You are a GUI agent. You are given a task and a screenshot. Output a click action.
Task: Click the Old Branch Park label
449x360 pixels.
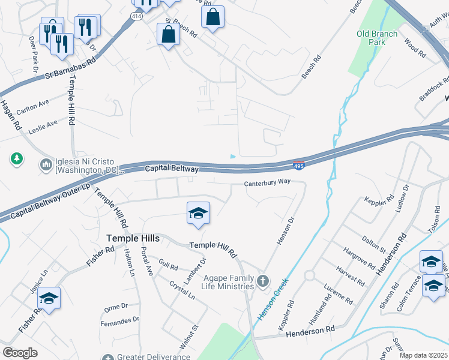tap(376, 38)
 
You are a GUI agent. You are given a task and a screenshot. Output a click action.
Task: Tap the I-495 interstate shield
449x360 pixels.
tap(299, 164)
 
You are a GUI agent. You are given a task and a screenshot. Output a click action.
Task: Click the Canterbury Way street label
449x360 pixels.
tap(267, 183)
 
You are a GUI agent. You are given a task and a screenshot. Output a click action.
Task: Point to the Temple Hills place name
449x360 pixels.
tap(133, 238)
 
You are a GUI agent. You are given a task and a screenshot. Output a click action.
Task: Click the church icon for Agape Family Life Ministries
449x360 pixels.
tap(262, 281)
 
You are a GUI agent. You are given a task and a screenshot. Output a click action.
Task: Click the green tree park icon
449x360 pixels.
tap(17, 159)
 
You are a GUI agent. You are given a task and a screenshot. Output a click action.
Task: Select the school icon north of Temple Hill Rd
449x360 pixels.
tap(198, 213)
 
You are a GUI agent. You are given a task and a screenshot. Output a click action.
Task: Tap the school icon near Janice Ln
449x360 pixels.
tap(50, 298)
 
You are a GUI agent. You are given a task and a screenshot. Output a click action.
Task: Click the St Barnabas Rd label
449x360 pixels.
tap(71, 68)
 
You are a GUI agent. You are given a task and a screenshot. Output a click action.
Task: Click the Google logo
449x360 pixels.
tap(20, 353)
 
